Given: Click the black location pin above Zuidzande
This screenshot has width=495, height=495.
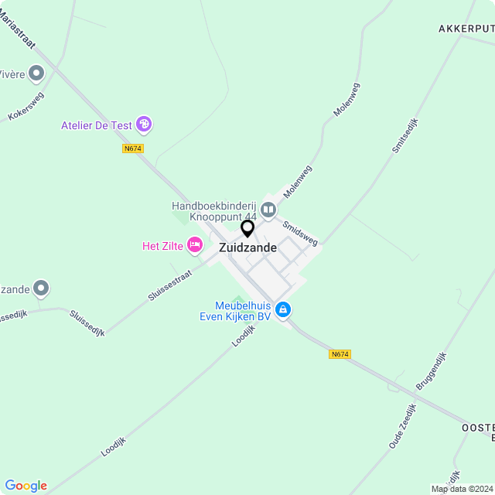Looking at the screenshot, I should coord(247,229).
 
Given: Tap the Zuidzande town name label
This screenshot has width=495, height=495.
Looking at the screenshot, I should coord(247,248).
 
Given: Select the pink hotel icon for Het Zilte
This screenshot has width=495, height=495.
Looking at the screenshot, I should coord(194,246).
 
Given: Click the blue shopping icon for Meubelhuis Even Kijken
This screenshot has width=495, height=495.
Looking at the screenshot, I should coord(283,309).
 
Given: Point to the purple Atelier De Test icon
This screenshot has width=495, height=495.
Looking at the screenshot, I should coord(143,124).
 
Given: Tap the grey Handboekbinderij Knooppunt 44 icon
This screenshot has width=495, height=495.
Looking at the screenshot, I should coord(268,208).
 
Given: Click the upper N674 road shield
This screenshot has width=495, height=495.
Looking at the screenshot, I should coord(133,148).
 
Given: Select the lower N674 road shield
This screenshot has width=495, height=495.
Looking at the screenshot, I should coord(340,354).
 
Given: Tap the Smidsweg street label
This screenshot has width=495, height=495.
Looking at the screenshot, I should coord(300,234).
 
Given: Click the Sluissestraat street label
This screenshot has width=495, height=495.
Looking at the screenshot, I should coord(172,285).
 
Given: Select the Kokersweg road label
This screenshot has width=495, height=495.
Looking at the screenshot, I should coord(26,106).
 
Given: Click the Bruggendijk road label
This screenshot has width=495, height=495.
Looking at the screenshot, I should coord(432,370).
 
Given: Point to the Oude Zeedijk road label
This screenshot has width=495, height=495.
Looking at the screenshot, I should coord(403,426).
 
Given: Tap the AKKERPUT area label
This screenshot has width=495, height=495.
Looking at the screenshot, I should coord(466,29).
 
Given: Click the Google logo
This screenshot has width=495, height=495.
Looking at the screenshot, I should coord(26,485).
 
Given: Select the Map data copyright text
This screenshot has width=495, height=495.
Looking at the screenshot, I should coord(462,489).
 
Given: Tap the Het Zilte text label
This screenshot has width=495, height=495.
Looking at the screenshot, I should coord(162,246).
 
